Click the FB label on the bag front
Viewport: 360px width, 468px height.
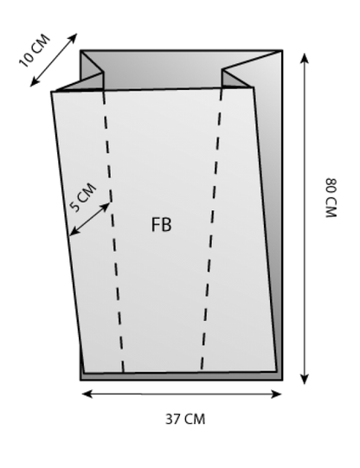click(x=162, y=225)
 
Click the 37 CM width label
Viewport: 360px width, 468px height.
click(x=185, y=419)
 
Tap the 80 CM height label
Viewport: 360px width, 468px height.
click(x=331, y=198)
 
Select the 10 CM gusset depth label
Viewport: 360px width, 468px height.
click(x=35, y=51)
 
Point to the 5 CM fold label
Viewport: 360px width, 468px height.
click(x=83, y=197)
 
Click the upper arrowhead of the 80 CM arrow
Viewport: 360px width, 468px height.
click(x=304, y=57)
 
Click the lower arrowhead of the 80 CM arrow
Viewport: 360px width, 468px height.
click(x=304, y=379)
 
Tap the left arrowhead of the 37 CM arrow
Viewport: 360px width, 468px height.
click(x=86, y=394)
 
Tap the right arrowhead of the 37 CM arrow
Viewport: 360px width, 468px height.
click(x=277, y=394)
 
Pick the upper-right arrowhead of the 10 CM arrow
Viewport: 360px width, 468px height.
click(x=74, y=37)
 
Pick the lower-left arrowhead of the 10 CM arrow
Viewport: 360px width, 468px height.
click(x=34, y=83)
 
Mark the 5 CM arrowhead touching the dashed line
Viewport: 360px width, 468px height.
click(x=106, y=206)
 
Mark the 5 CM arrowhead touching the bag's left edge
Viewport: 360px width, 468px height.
click(x=74, y=232)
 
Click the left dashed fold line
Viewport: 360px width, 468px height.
click(x=112, y=230)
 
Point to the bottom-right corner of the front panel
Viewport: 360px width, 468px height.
click(x=277, y=372)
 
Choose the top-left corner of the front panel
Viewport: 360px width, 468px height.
click(x=52, y=92)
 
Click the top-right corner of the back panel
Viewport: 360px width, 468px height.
click(x=282, y=51)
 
